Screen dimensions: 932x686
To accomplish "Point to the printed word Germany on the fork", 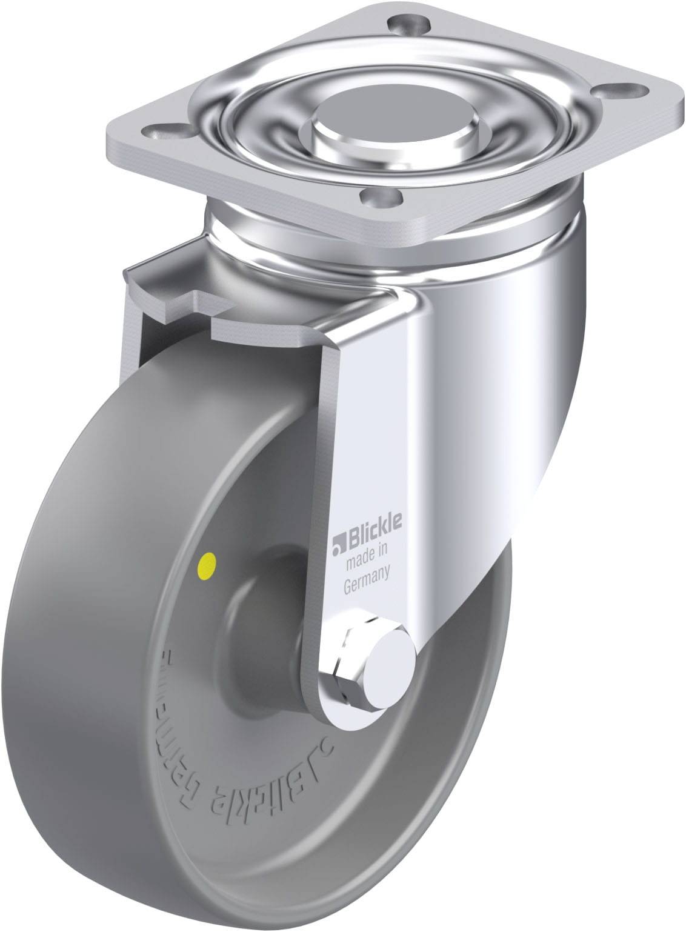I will [x=366, y=570].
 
